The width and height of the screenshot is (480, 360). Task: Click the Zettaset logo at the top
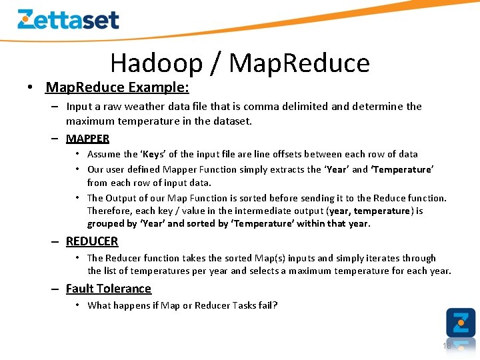coord(68,19)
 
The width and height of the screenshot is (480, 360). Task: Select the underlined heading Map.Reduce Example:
coord(117,87)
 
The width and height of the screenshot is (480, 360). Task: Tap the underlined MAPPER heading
coord(87,138)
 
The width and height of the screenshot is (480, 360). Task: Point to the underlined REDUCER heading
coord(92,241)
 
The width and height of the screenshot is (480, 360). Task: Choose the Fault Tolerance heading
coord(109,289)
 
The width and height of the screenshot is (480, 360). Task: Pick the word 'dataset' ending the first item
coord(232,121)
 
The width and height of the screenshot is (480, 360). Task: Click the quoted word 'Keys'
coord(154,154)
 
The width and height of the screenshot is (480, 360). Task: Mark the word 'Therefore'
coord(109,211)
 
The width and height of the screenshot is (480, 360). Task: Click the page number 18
coord(447,345)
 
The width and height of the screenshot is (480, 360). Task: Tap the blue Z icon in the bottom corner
coord(461,323)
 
